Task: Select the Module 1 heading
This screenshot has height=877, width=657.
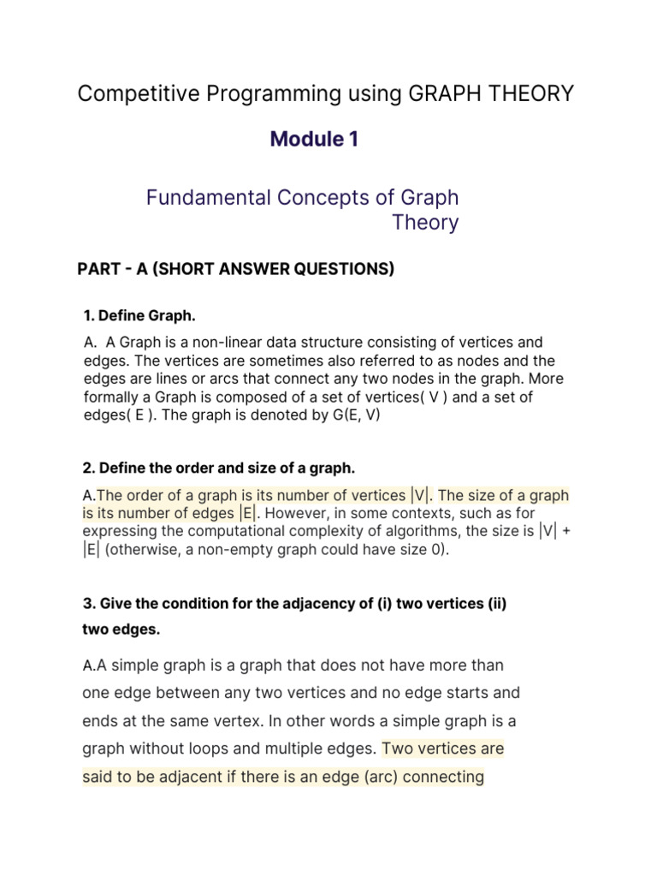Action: coord(314,139)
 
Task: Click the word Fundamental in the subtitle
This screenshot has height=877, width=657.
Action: coord(207,198)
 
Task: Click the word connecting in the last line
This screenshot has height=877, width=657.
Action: coord(438,778)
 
